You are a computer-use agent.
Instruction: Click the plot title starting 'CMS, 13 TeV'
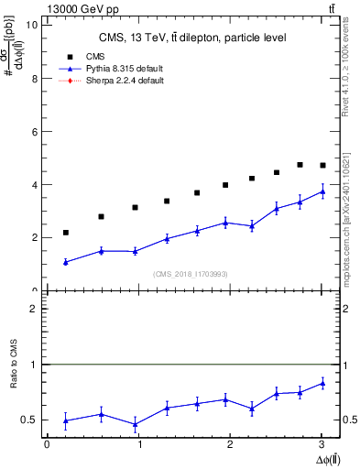(192, 38)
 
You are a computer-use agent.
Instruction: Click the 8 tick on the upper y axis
(34, 78)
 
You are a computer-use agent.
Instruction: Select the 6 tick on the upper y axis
(34, 131)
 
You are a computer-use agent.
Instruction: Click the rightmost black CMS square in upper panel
(322, 165)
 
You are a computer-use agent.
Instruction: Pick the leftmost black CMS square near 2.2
(66, 233)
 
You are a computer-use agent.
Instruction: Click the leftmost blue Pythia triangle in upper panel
(66, 262)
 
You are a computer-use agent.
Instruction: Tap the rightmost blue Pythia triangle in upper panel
(322, 191)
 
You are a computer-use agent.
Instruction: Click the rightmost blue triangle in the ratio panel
(322, 383)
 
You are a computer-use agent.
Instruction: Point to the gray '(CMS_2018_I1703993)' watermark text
(191, 275)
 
